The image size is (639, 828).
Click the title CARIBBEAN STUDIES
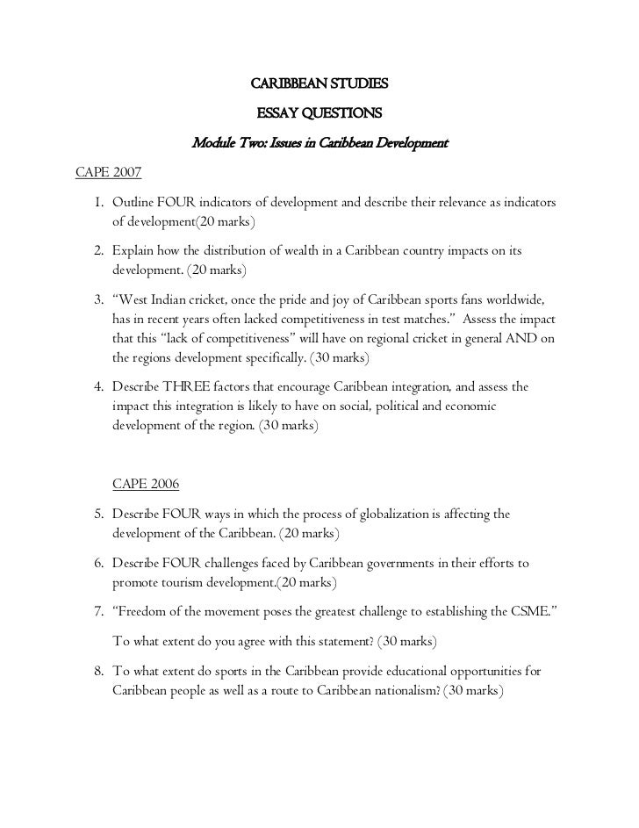pos(319,85)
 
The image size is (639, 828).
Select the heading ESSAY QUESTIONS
pos(319,113)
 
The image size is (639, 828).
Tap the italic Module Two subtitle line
pos(319,142)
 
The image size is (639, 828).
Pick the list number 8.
pos(98,672)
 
